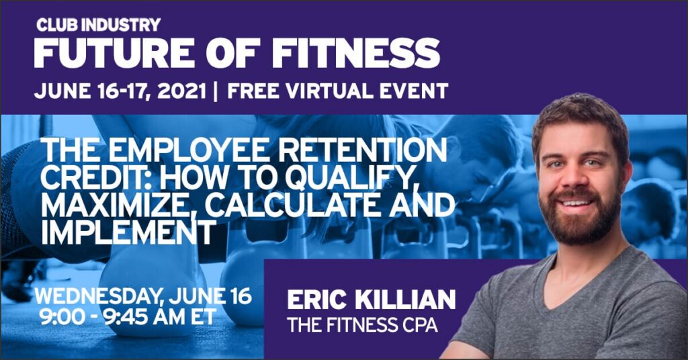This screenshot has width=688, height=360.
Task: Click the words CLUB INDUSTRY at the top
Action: coord(98,25)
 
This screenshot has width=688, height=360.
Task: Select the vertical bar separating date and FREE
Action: coord(215,91)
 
